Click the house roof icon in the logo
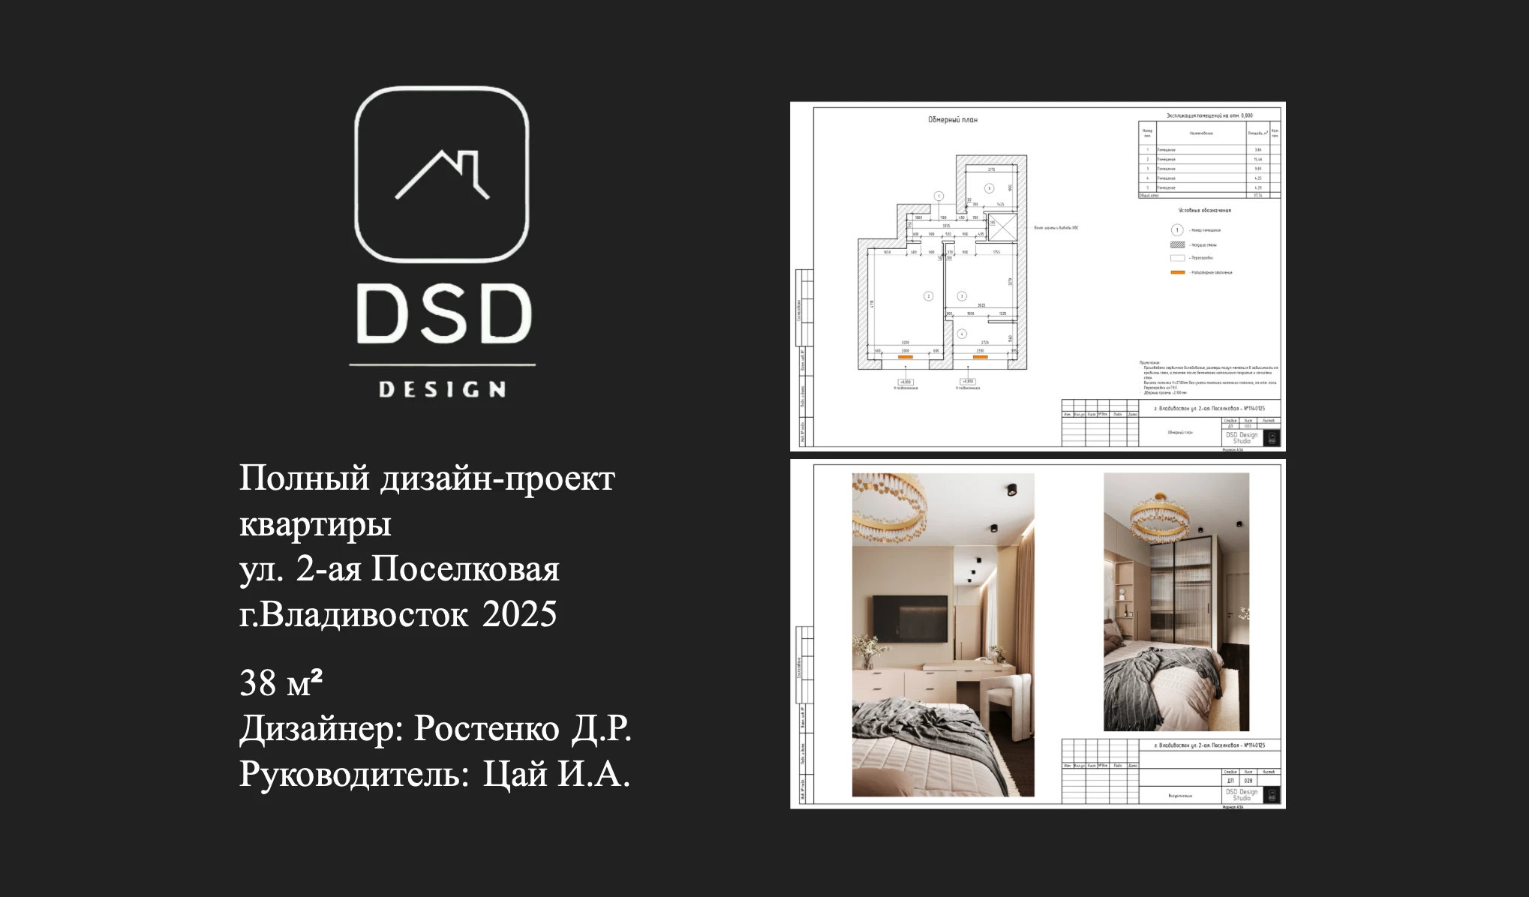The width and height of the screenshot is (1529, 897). click(442, 174)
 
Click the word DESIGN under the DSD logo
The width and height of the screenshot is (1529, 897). click(442, 389)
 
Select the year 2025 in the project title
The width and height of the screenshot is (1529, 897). click(519, 614)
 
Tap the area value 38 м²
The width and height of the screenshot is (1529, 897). click(281, 683)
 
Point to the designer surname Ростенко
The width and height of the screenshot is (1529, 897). click(486, 728)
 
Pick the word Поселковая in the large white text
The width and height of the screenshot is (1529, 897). click(465, 569)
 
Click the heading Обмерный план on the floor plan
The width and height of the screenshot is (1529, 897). click(952, 120)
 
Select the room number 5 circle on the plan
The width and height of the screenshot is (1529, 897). click(989, 188)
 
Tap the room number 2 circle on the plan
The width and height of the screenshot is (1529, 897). click(928, 296)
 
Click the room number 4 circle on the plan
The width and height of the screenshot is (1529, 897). click(962, 334)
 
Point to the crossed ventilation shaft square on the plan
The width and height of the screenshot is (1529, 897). click(1002, 227)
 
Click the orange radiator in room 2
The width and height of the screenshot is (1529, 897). click(906, 358)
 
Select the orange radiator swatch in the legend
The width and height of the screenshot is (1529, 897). click(1177, 272)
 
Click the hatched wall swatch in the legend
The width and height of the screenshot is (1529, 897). click(1177, 244)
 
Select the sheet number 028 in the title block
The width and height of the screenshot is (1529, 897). click(1248, 781)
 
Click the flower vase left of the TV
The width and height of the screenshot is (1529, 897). click(867, 649)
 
